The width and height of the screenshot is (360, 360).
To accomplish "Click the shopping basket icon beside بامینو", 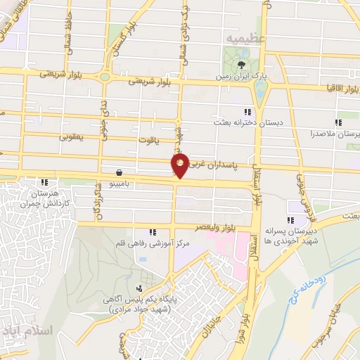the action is click(x=120, y=172).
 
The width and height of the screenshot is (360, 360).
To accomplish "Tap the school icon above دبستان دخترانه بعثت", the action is click(x=247, y=112).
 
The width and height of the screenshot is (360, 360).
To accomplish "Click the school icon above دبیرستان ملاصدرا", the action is click(x=338, y=122).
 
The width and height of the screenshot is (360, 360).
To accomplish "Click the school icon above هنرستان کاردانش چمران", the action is click(x=46, y=181).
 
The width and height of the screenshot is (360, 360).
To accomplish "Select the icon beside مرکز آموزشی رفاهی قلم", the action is click(x=152, y=233).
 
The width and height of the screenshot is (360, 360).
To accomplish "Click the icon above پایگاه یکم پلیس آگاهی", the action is click(x=140, y=288).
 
